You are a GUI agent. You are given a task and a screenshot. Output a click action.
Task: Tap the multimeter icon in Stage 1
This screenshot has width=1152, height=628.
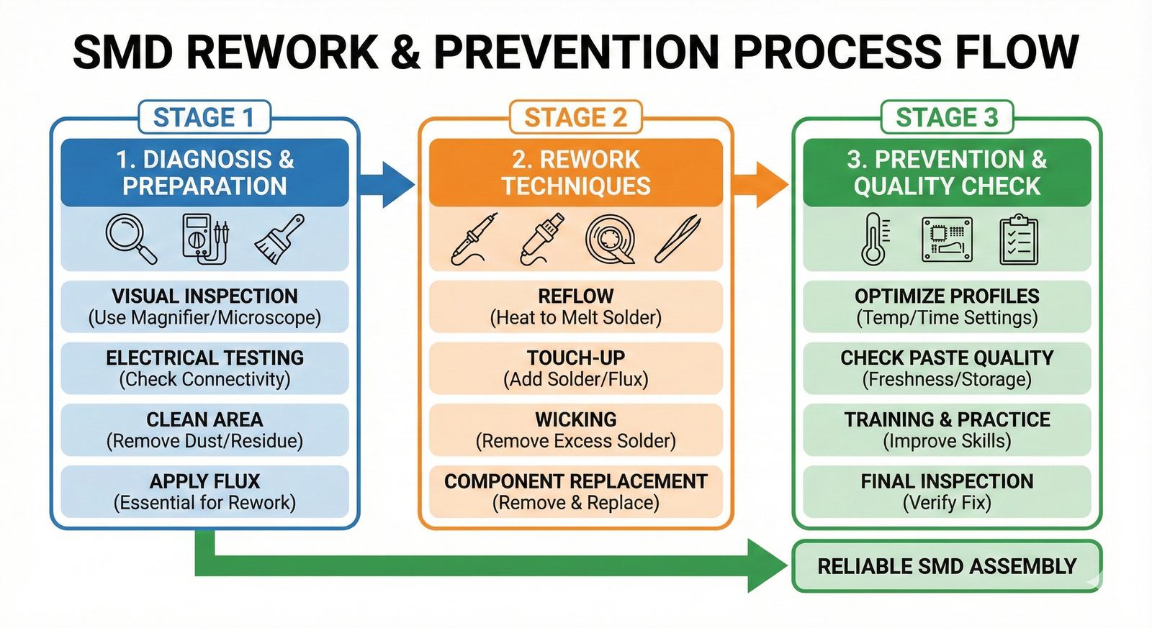click(205, 239)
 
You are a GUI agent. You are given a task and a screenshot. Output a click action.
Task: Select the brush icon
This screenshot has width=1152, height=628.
click(279, 239)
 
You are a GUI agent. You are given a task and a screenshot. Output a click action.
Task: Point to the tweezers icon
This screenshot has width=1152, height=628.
click(678, 239)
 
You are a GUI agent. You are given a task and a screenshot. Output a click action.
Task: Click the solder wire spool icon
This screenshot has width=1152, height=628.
click(610, 240)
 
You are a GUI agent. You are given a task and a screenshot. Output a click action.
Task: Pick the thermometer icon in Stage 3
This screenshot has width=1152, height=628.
click(874, 239)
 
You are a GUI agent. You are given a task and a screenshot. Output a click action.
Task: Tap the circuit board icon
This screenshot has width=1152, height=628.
click(947, 240)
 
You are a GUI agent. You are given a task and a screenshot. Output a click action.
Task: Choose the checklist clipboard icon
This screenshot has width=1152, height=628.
click(1019, 239)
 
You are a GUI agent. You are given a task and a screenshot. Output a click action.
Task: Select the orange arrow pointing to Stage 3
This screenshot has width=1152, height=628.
click(762, 184)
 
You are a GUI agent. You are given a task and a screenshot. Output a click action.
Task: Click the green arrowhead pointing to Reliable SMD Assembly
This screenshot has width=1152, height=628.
click(766, 565)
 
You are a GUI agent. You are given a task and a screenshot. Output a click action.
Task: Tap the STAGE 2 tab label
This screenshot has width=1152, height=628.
click(575, 117)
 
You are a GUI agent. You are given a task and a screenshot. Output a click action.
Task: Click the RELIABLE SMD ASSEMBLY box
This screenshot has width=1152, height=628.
click(946, 566)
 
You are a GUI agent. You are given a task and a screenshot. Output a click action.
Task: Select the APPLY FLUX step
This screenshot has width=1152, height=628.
click(204, 491)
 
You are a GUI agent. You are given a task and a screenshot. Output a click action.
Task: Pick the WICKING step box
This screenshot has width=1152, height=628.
click(575, 429)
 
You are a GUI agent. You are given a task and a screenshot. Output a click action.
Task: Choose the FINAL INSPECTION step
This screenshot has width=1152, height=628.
click(947, 491)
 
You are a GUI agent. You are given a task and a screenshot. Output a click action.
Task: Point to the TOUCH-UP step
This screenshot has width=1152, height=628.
click(575, 368)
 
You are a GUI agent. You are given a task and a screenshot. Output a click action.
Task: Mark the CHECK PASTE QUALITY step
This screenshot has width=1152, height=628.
click(947, 368)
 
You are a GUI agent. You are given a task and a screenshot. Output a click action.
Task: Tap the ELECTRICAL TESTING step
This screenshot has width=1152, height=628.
click(204, 368)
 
